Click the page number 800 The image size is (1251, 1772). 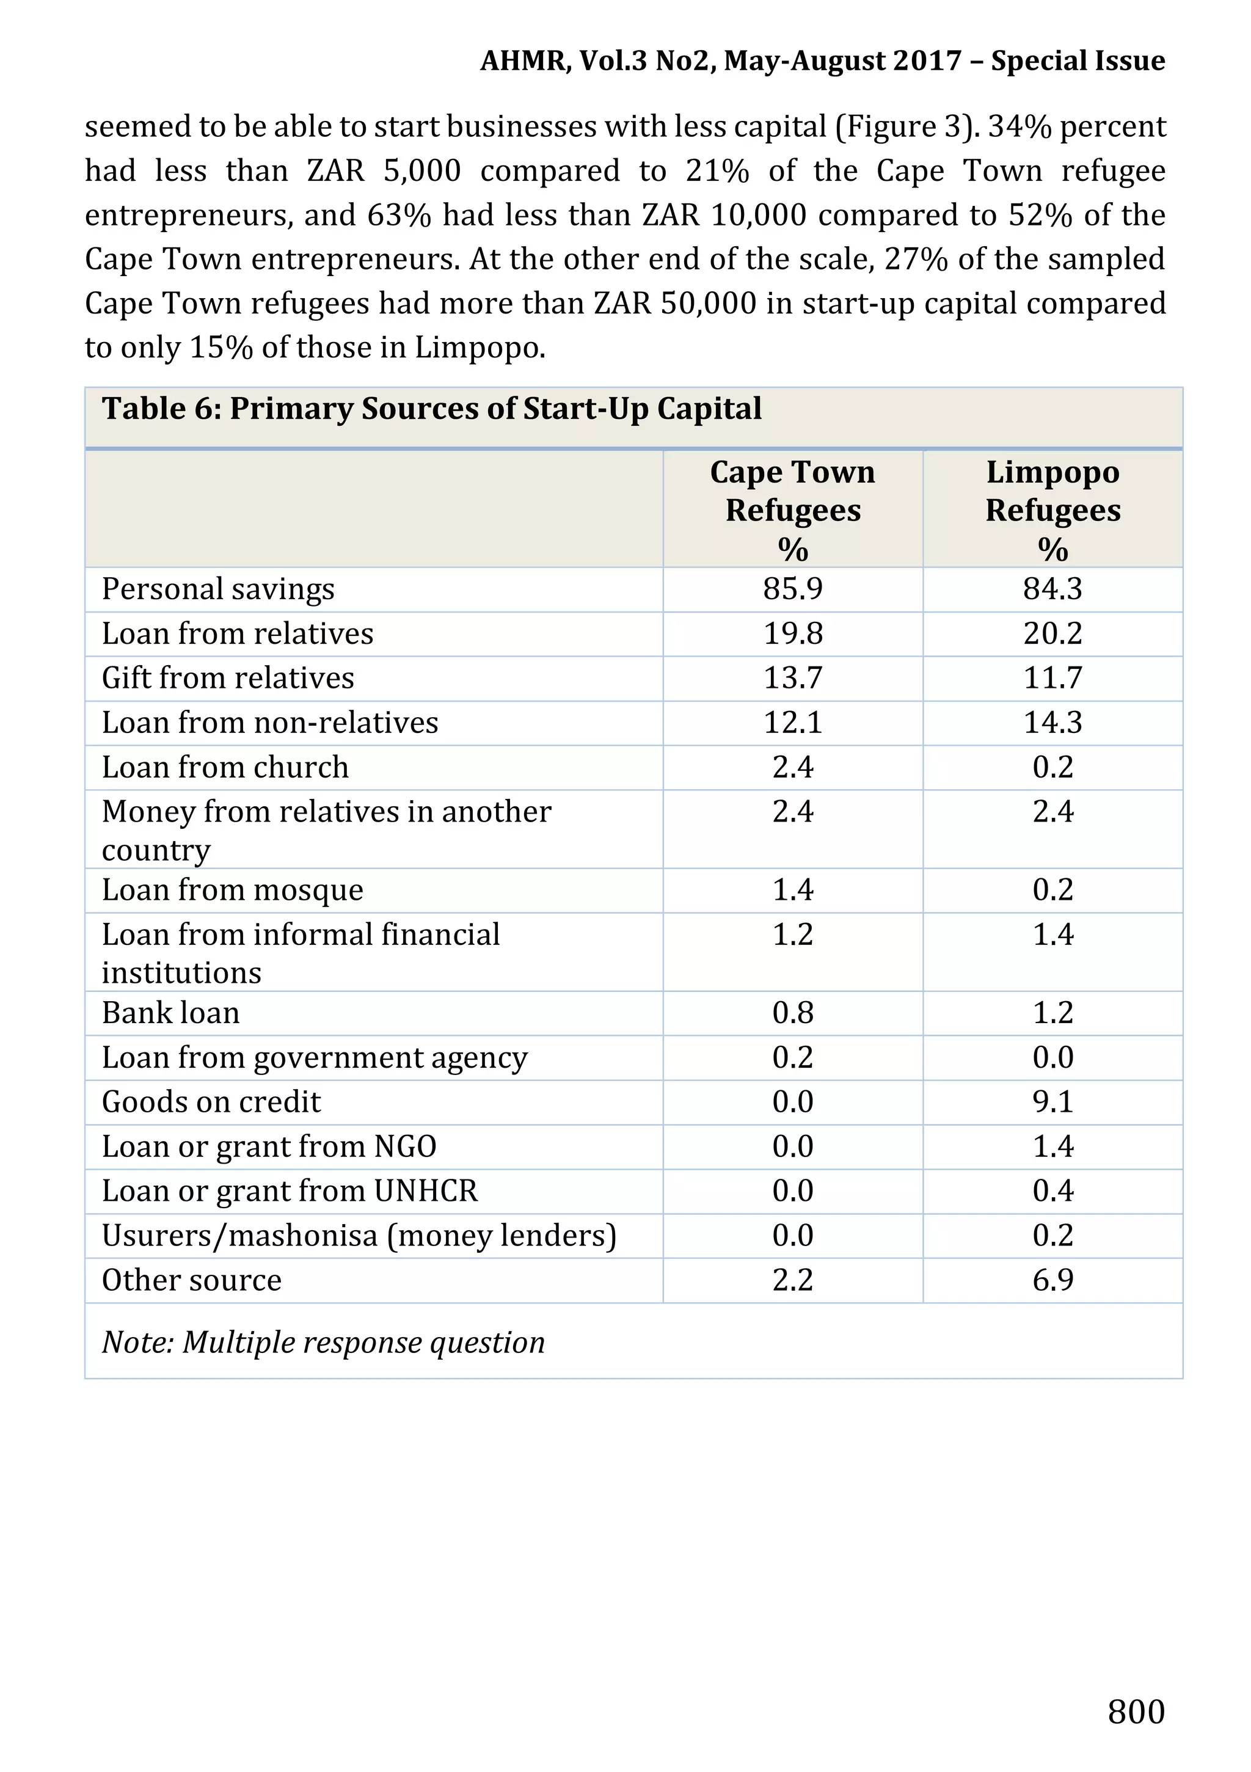point(1135,1711)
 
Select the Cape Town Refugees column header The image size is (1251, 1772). point(793,509)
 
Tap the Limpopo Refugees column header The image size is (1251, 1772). point(1052,509)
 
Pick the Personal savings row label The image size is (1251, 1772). point(219,589)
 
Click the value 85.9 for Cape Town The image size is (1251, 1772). point(793,589)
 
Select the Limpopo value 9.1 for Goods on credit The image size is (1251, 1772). point(1052,1102)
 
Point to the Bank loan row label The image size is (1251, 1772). point(170,1013)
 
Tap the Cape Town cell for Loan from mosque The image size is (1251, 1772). point(793,891)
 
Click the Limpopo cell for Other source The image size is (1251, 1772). point(1052,1280)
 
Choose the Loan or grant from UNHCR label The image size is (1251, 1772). point(290,1192)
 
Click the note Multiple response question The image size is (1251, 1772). point(323,1343)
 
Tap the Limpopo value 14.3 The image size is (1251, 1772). point(1052,723)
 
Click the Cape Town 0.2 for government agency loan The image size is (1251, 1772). point(793,1058)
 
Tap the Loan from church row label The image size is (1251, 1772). point(225,768)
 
